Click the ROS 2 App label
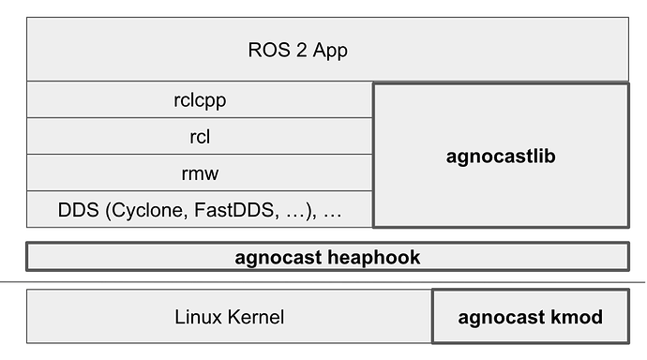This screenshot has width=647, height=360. [x=297, y=51]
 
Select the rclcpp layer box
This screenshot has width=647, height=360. [x=199, y=99]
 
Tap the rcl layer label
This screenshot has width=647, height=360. [x=199, y=137]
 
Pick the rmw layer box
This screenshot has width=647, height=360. [x=199, y=173]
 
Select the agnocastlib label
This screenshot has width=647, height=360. [x=501, y=156]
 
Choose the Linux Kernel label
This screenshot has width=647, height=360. [x=229, y=317]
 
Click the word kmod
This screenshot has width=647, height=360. [x=575, y=317]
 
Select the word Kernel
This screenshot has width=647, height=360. [x=254, y=317]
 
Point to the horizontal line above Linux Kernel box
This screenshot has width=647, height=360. [x=323, y=281]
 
